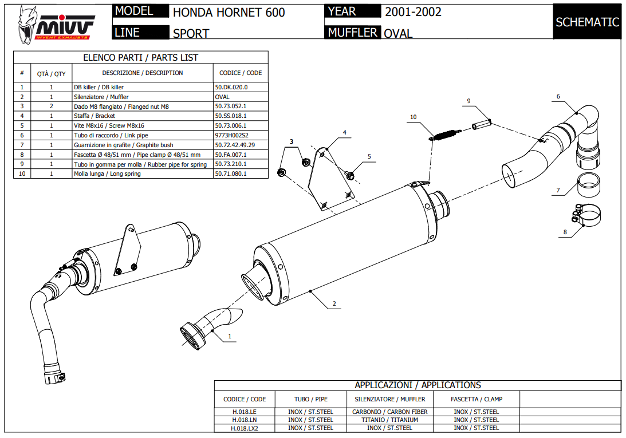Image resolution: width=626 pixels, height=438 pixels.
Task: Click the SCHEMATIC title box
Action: click(587, 22)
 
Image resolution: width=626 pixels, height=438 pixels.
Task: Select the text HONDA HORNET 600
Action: click(229, 12)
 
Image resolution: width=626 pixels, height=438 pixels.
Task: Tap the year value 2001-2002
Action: click(413, 11)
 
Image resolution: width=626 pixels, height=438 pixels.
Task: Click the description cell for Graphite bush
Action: click(124, 145)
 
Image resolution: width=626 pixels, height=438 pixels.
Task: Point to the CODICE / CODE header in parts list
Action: click(241, 73)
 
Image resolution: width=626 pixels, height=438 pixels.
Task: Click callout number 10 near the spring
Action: click(413, 117)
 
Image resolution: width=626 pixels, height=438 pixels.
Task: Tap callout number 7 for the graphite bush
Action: click(557, 191)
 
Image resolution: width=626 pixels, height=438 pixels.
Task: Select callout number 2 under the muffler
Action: click(334, 303)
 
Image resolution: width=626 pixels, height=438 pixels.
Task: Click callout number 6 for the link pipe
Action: click(558, 97)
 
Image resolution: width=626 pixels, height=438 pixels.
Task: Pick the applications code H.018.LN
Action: click(244, 420)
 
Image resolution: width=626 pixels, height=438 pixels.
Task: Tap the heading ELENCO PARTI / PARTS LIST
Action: click(141, 57)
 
